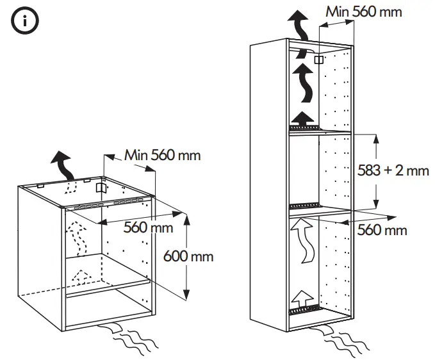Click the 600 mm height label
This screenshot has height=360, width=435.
188,256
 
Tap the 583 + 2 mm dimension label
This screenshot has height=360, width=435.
391,170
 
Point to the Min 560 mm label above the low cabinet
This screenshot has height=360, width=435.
162,155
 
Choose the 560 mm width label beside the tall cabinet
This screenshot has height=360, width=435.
382,229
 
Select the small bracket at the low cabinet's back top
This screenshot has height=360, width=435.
99,188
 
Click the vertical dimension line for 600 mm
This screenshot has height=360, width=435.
186,256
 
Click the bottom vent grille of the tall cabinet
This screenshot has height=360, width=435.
303,311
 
